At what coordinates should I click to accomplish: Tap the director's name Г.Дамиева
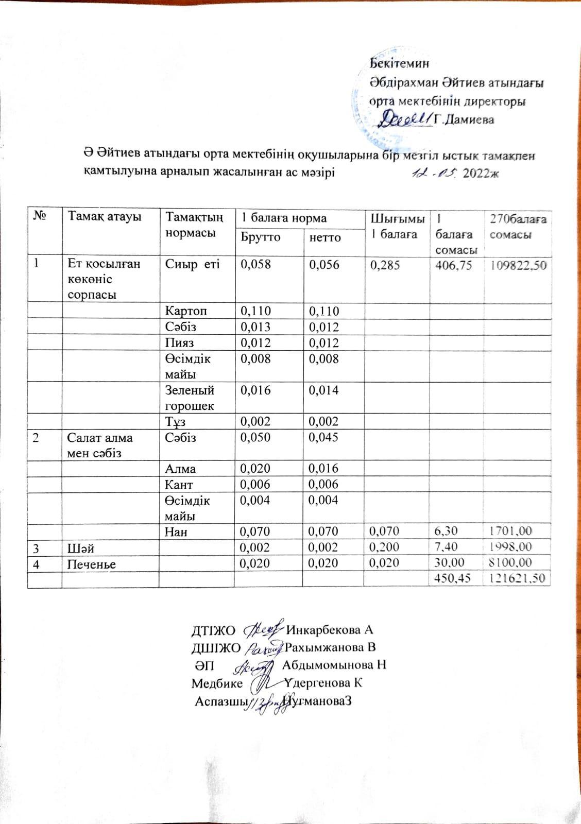click(x=464, y=120)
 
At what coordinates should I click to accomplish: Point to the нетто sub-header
click(x=325, y=237)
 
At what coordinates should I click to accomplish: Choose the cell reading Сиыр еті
click(x=185, y=264)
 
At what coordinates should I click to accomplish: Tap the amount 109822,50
click(x=516, y=266)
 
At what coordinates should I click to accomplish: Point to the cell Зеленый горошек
click(x=190, y=398)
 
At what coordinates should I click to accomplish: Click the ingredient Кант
click(x=179, y=484)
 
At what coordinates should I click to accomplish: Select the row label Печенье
click(x=92, y=564)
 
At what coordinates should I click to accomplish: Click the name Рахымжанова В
click(x=330, y=647)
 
